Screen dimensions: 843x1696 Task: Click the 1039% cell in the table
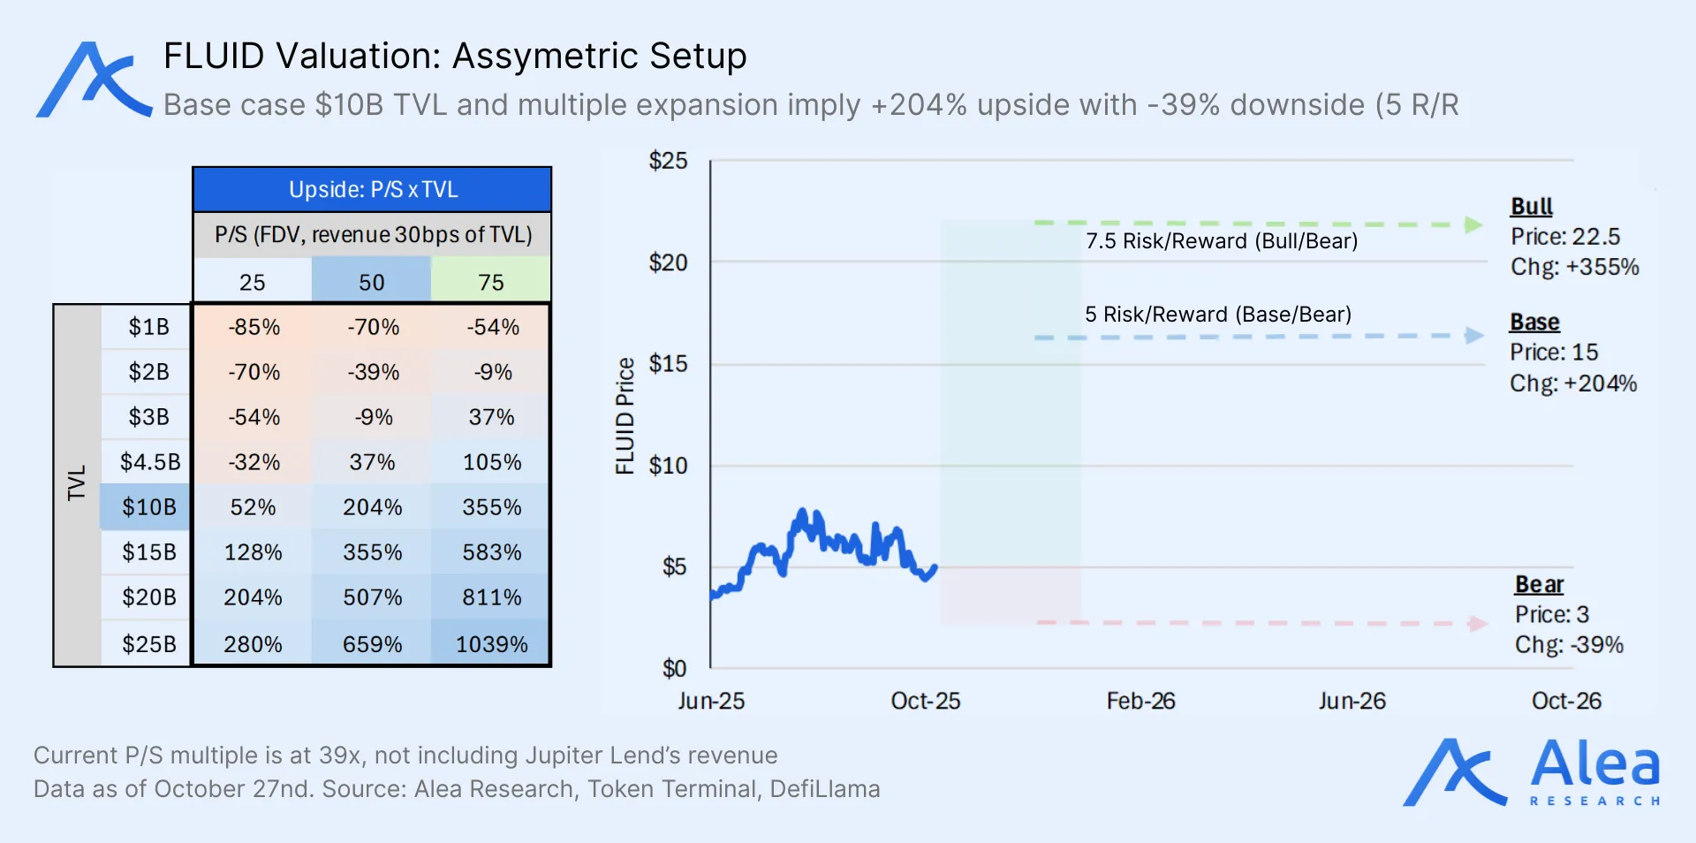click(491, 644)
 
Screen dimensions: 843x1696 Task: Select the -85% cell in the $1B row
click(254, 327)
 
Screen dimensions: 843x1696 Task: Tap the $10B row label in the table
click(148, 507)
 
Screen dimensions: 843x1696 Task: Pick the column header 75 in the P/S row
click(491, 283)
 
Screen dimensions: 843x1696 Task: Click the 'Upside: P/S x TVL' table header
click(373, 190)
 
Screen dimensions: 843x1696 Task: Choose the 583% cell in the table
click(491, 552)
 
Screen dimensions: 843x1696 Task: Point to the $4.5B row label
click(149, 462)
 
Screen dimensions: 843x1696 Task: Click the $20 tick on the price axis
click(668, 262)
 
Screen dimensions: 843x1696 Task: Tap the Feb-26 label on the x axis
click(1140, 701)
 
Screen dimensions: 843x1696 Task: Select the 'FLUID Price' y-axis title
click(625, 415)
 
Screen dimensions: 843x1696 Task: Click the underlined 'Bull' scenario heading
click(1531, 207)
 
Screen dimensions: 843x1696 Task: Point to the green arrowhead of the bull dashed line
click(1473, 224)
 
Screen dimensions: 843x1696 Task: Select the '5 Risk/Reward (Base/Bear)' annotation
click(1218, 315)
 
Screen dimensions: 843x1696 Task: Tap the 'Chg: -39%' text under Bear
click(1569, 645)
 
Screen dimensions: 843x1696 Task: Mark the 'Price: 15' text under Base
click(1554, 353)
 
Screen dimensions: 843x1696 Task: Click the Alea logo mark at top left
click(93, 80)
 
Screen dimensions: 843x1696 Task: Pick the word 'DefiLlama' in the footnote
click(824, 789)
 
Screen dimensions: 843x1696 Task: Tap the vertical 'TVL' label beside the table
click(77, 483)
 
